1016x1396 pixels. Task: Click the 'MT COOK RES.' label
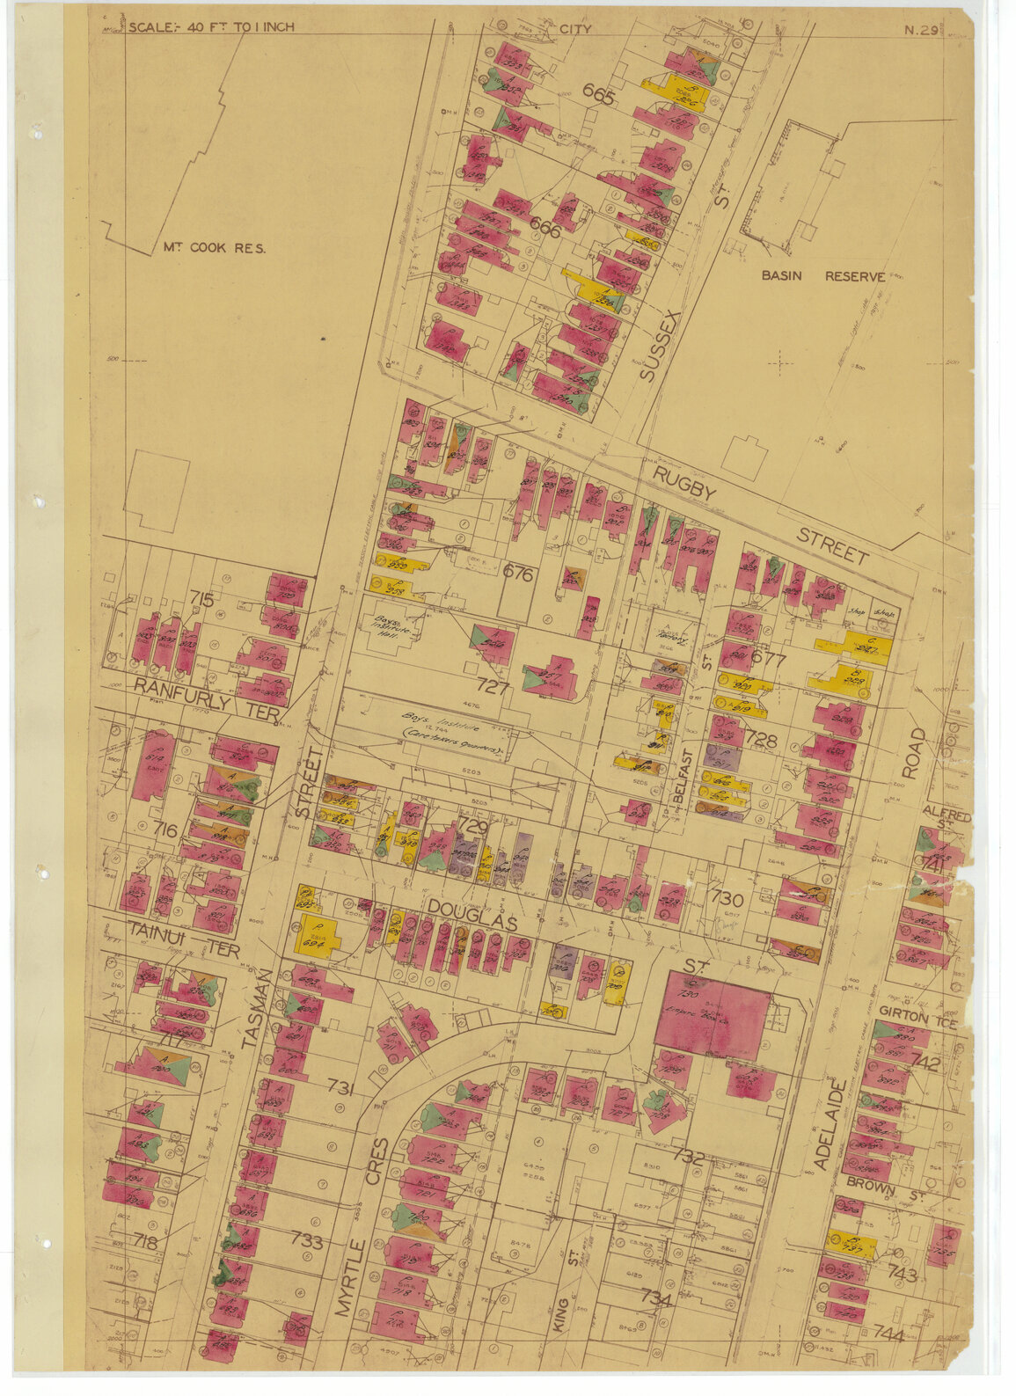(214, 248)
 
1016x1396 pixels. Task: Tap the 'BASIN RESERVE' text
(823, 276)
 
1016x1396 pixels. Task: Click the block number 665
(599, 98)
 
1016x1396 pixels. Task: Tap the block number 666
(545, 225)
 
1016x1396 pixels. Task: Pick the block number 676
(518, 574)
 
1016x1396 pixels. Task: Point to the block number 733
(307, 1242)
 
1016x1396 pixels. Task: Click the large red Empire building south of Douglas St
(713, 1016)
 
